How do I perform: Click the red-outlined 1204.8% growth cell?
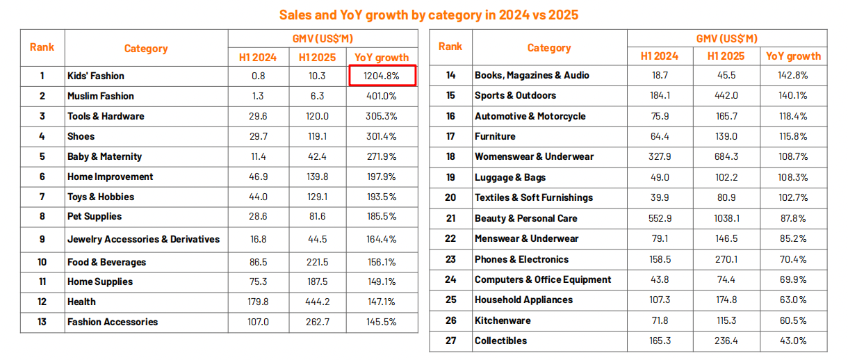coord(382,76)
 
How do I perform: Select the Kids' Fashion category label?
coord(96,76)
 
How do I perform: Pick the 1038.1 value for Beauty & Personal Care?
coord(726,218)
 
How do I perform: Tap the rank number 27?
coord(450,341)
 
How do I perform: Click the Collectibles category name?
coord(500,341)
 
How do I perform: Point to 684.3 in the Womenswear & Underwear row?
coord(726,156)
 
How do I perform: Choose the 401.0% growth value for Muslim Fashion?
coord(382,96)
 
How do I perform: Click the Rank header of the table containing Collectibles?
coord(450,47)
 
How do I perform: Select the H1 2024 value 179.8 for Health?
coord(258,302)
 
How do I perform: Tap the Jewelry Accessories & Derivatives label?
coord(143,239)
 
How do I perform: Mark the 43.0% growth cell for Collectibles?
coord(793,341)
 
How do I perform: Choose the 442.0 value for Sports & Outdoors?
coord(726,95)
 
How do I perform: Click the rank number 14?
coord(450,75)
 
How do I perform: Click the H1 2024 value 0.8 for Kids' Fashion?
coord(258,76)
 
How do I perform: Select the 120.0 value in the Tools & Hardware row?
coord(316,116)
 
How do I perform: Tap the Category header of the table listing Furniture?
coord(548,48)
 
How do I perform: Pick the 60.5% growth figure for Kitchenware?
coord(793,320)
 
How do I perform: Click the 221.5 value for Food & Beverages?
coord(316,262)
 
